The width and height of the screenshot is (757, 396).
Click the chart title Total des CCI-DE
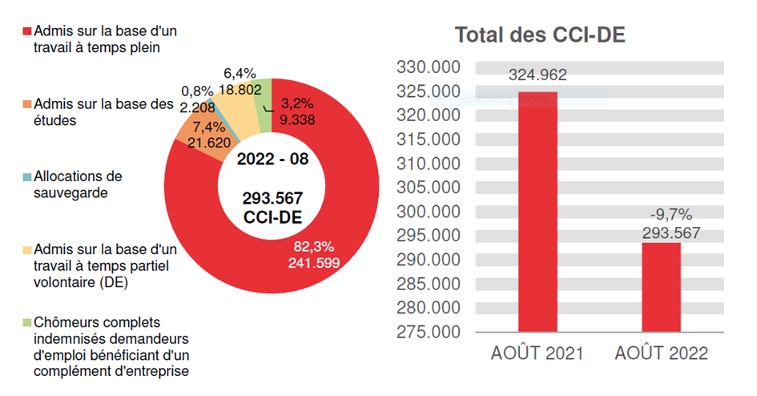pos(539,35)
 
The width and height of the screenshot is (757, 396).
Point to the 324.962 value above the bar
pos(538,75)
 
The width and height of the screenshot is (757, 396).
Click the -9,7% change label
pos(670,214)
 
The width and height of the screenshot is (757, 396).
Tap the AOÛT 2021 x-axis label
pos(537,354)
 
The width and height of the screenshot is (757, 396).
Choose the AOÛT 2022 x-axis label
pos(662,354)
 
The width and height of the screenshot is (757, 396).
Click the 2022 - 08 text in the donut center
pos(273,159)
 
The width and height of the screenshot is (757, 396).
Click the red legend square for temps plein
pos(26,31)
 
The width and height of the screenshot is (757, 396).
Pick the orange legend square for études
pos(26,105)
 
